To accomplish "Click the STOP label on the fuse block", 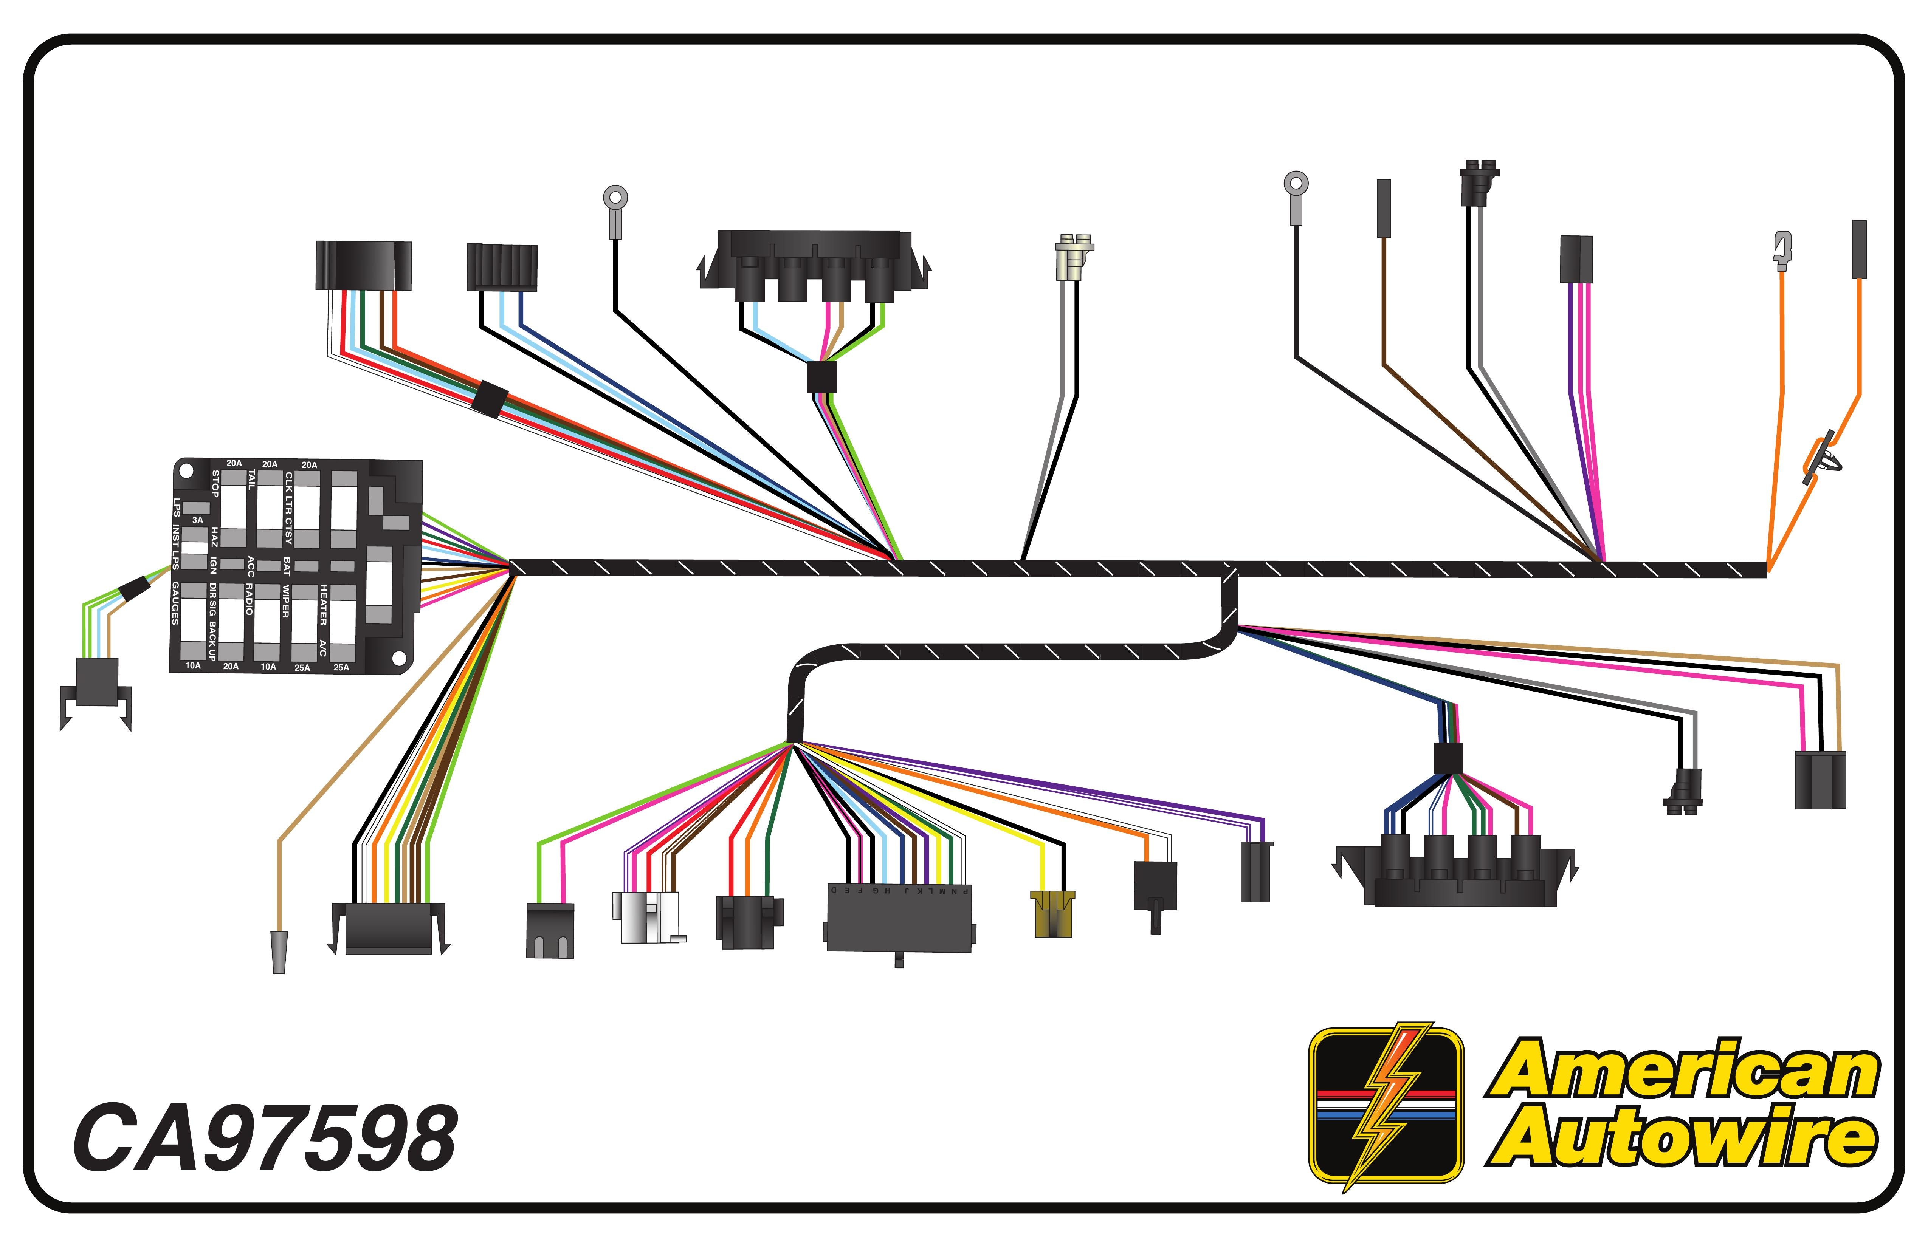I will [215, 483].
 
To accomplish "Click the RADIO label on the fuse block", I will [250, 599].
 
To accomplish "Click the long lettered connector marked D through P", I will [899, 919].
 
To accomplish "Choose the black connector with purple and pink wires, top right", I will [1576, 259].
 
